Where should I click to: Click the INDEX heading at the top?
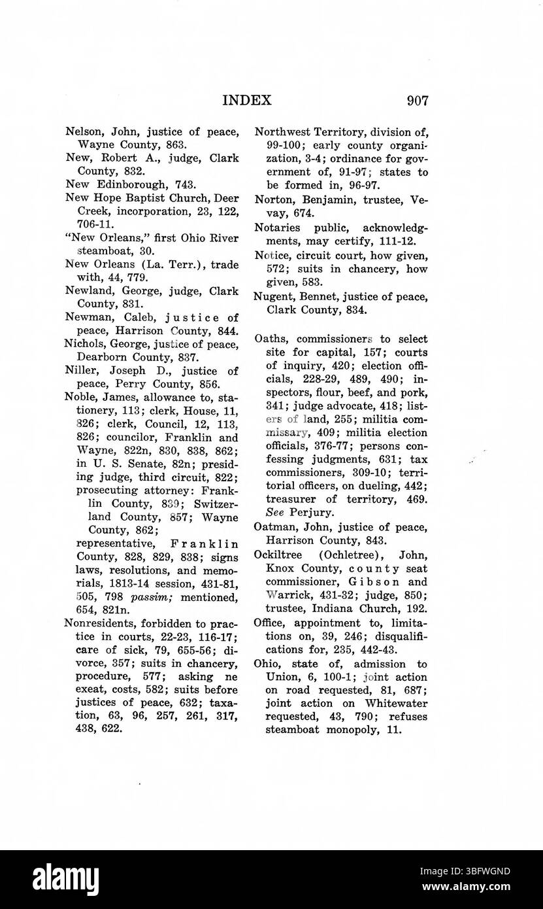247,100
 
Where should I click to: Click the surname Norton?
275,199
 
